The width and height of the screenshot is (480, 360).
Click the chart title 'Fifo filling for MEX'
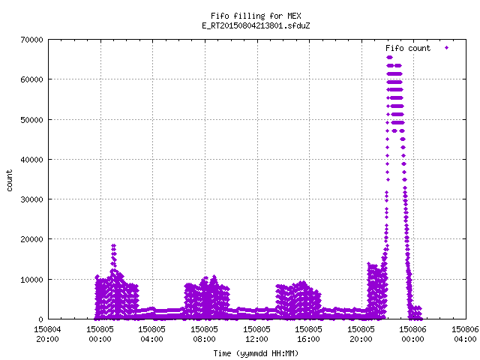(256, 16)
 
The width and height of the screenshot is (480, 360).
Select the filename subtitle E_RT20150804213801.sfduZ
(256, 25)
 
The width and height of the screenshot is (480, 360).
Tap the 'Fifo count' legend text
(408, 48)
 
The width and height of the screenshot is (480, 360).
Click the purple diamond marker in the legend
(447, 48)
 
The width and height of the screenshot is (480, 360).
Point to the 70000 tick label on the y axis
(31, 40)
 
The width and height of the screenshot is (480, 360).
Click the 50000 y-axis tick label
(31, 120)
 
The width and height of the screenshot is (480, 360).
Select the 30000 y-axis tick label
(31, 199)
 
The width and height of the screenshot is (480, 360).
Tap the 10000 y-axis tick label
(31, 280)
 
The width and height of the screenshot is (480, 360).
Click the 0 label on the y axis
(41, 319)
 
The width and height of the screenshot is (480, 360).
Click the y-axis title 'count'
(10, 181)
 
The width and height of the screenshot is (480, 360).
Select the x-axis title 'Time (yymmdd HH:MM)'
(256, 353)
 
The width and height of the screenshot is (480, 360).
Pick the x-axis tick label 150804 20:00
(47, 334)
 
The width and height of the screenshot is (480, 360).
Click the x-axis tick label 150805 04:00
(151, 334)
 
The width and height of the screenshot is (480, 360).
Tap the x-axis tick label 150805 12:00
(256, 334)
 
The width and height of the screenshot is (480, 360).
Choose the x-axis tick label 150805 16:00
(308, 334)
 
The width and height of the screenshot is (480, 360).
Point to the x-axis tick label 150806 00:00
(413, 334)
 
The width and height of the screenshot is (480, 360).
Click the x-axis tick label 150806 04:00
(465, 334)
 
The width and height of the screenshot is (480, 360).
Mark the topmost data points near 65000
(389, 57)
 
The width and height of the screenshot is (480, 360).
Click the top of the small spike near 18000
(113, 245)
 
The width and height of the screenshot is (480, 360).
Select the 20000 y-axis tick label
(31, 239)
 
